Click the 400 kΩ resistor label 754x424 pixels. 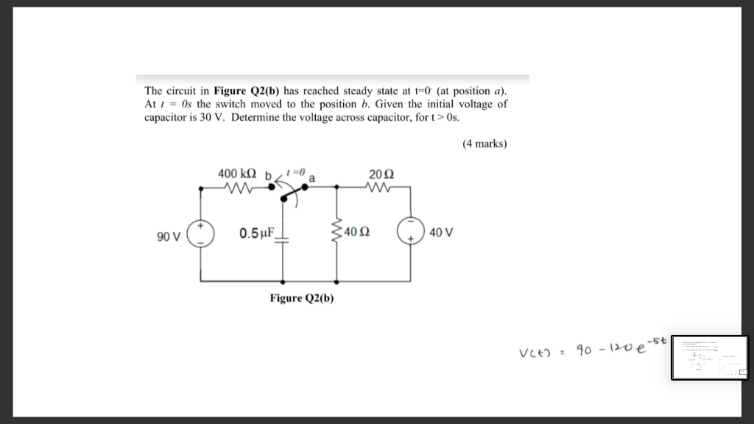click(237, 174)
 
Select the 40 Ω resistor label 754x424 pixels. click(357, 233)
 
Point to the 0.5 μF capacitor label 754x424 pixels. click(256, 233)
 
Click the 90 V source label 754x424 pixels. click(169, 236)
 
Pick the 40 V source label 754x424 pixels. click(440, 233)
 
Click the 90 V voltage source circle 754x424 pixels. click(201, 233)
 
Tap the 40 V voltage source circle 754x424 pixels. click(409, 232)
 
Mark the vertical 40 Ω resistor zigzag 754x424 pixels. click(337, 233)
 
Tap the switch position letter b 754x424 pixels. click(269, 177)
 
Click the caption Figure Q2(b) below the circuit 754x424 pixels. click(302, 297)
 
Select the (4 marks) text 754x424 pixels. click(485, 144)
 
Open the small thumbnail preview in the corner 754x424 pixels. click(709, 357)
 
